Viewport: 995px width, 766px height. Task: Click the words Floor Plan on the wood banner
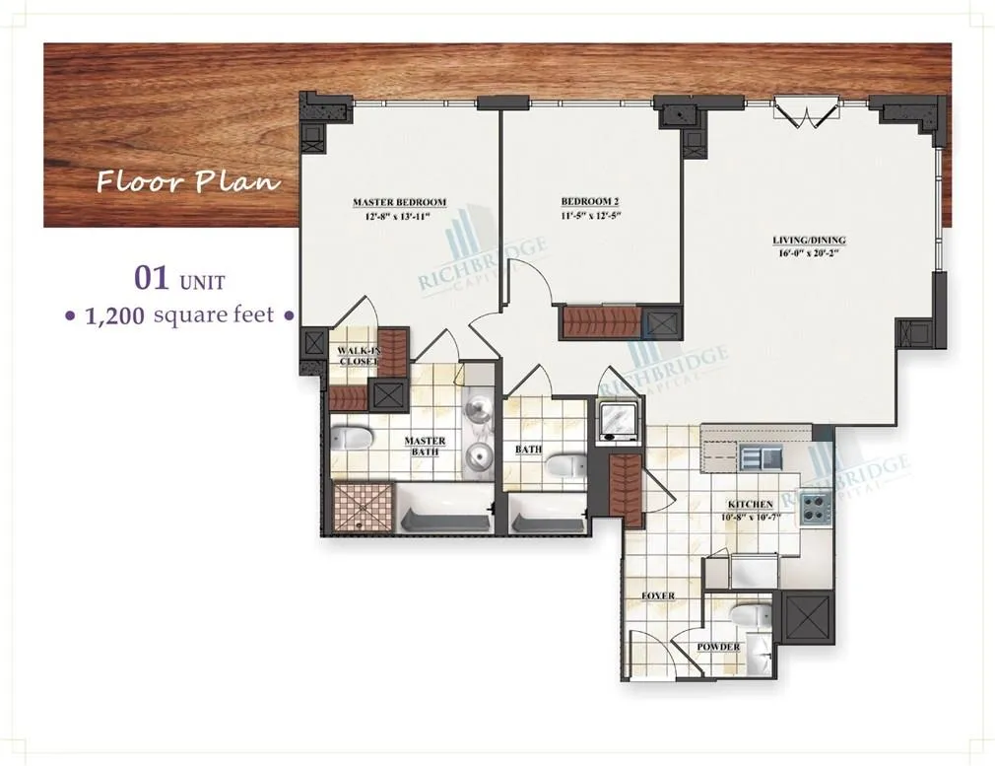pos(187,181)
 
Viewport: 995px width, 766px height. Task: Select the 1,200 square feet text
pos(179,316)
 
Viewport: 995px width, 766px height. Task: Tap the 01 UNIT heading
pos(179,280)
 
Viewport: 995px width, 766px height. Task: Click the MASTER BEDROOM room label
pos(399,203)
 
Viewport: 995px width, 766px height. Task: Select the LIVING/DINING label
pos(809,240)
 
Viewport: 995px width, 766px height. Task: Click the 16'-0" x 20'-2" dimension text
pos(809,252)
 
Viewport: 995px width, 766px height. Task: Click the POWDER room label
pos(718,648)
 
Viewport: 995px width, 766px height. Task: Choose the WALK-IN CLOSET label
pos(358,356)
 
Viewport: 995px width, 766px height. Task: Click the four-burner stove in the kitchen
pos(816,509)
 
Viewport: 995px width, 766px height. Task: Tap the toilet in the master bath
pos(350,439)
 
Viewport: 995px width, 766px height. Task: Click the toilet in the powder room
pos(750,614)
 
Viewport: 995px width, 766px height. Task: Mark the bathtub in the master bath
pos(443,510)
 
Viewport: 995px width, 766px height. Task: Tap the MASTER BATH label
pos(425,447)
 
